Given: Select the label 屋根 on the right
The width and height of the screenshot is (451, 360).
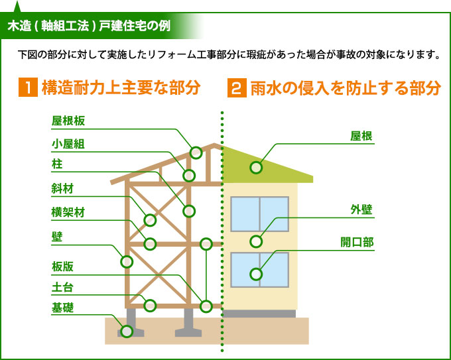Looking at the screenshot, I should tap(361, 137).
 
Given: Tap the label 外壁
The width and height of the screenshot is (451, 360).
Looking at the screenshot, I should tap(361, 210).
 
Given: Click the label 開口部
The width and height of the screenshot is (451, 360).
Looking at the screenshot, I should tap(356, 243).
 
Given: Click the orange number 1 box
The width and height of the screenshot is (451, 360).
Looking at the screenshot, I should tap(27, 88).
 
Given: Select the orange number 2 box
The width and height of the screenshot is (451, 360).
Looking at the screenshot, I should tap(236, 88).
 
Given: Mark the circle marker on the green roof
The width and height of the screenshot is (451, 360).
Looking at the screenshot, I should tap(256, 167).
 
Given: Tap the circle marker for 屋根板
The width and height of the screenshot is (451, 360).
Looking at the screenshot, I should tap(196, 152).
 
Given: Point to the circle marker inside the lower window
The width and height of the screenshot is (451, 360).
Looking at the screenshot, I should tap(256, 273).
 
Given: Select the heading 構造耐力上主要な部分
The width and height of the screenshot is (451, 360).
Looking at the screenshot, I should tap(120, 88).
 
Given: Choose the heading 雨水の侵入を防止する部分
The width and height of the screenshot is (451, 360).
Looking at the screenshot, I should tap(345, 88).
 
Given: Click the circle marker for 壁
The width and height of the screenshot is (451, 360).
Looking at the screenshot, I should tap(127, 261).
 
